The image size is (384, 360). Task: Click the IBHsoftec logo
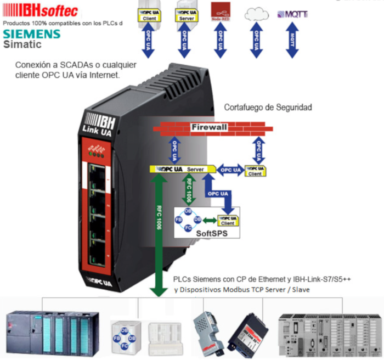(41, 10)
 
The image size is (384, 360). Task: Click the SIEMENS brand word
(31, 34)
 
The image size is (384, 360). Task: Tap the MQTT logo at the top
(292, 14)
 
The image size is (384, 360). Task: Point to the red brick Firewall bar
(209, 128)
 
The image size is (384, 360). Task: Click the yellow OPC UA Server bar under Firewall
(179, 169)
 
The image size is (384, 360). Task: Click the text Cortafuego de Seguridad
(268, 108)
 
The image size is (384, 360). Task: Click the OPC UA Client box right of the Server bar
(255, 171)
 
